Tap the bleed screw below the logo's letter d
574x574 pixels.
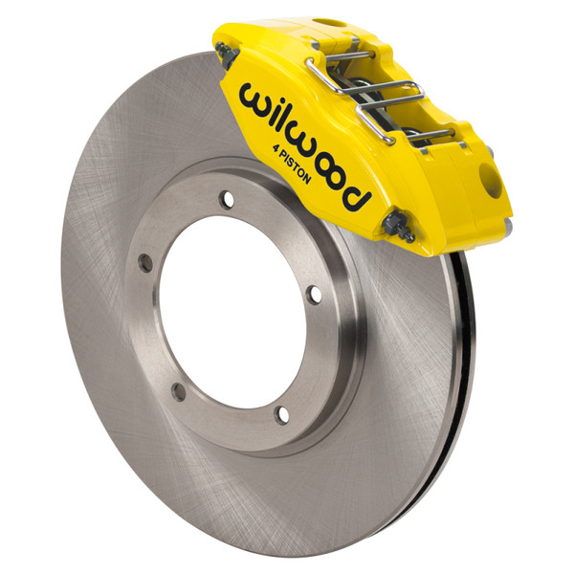tap(398, 228)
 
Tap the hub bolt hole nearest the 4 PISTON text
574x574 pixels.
tap(227, 199)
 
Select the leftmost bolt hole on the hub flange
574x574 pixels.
tap(144, 262)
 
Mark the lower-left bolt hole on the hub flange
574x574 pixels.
tap(178, 389)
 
